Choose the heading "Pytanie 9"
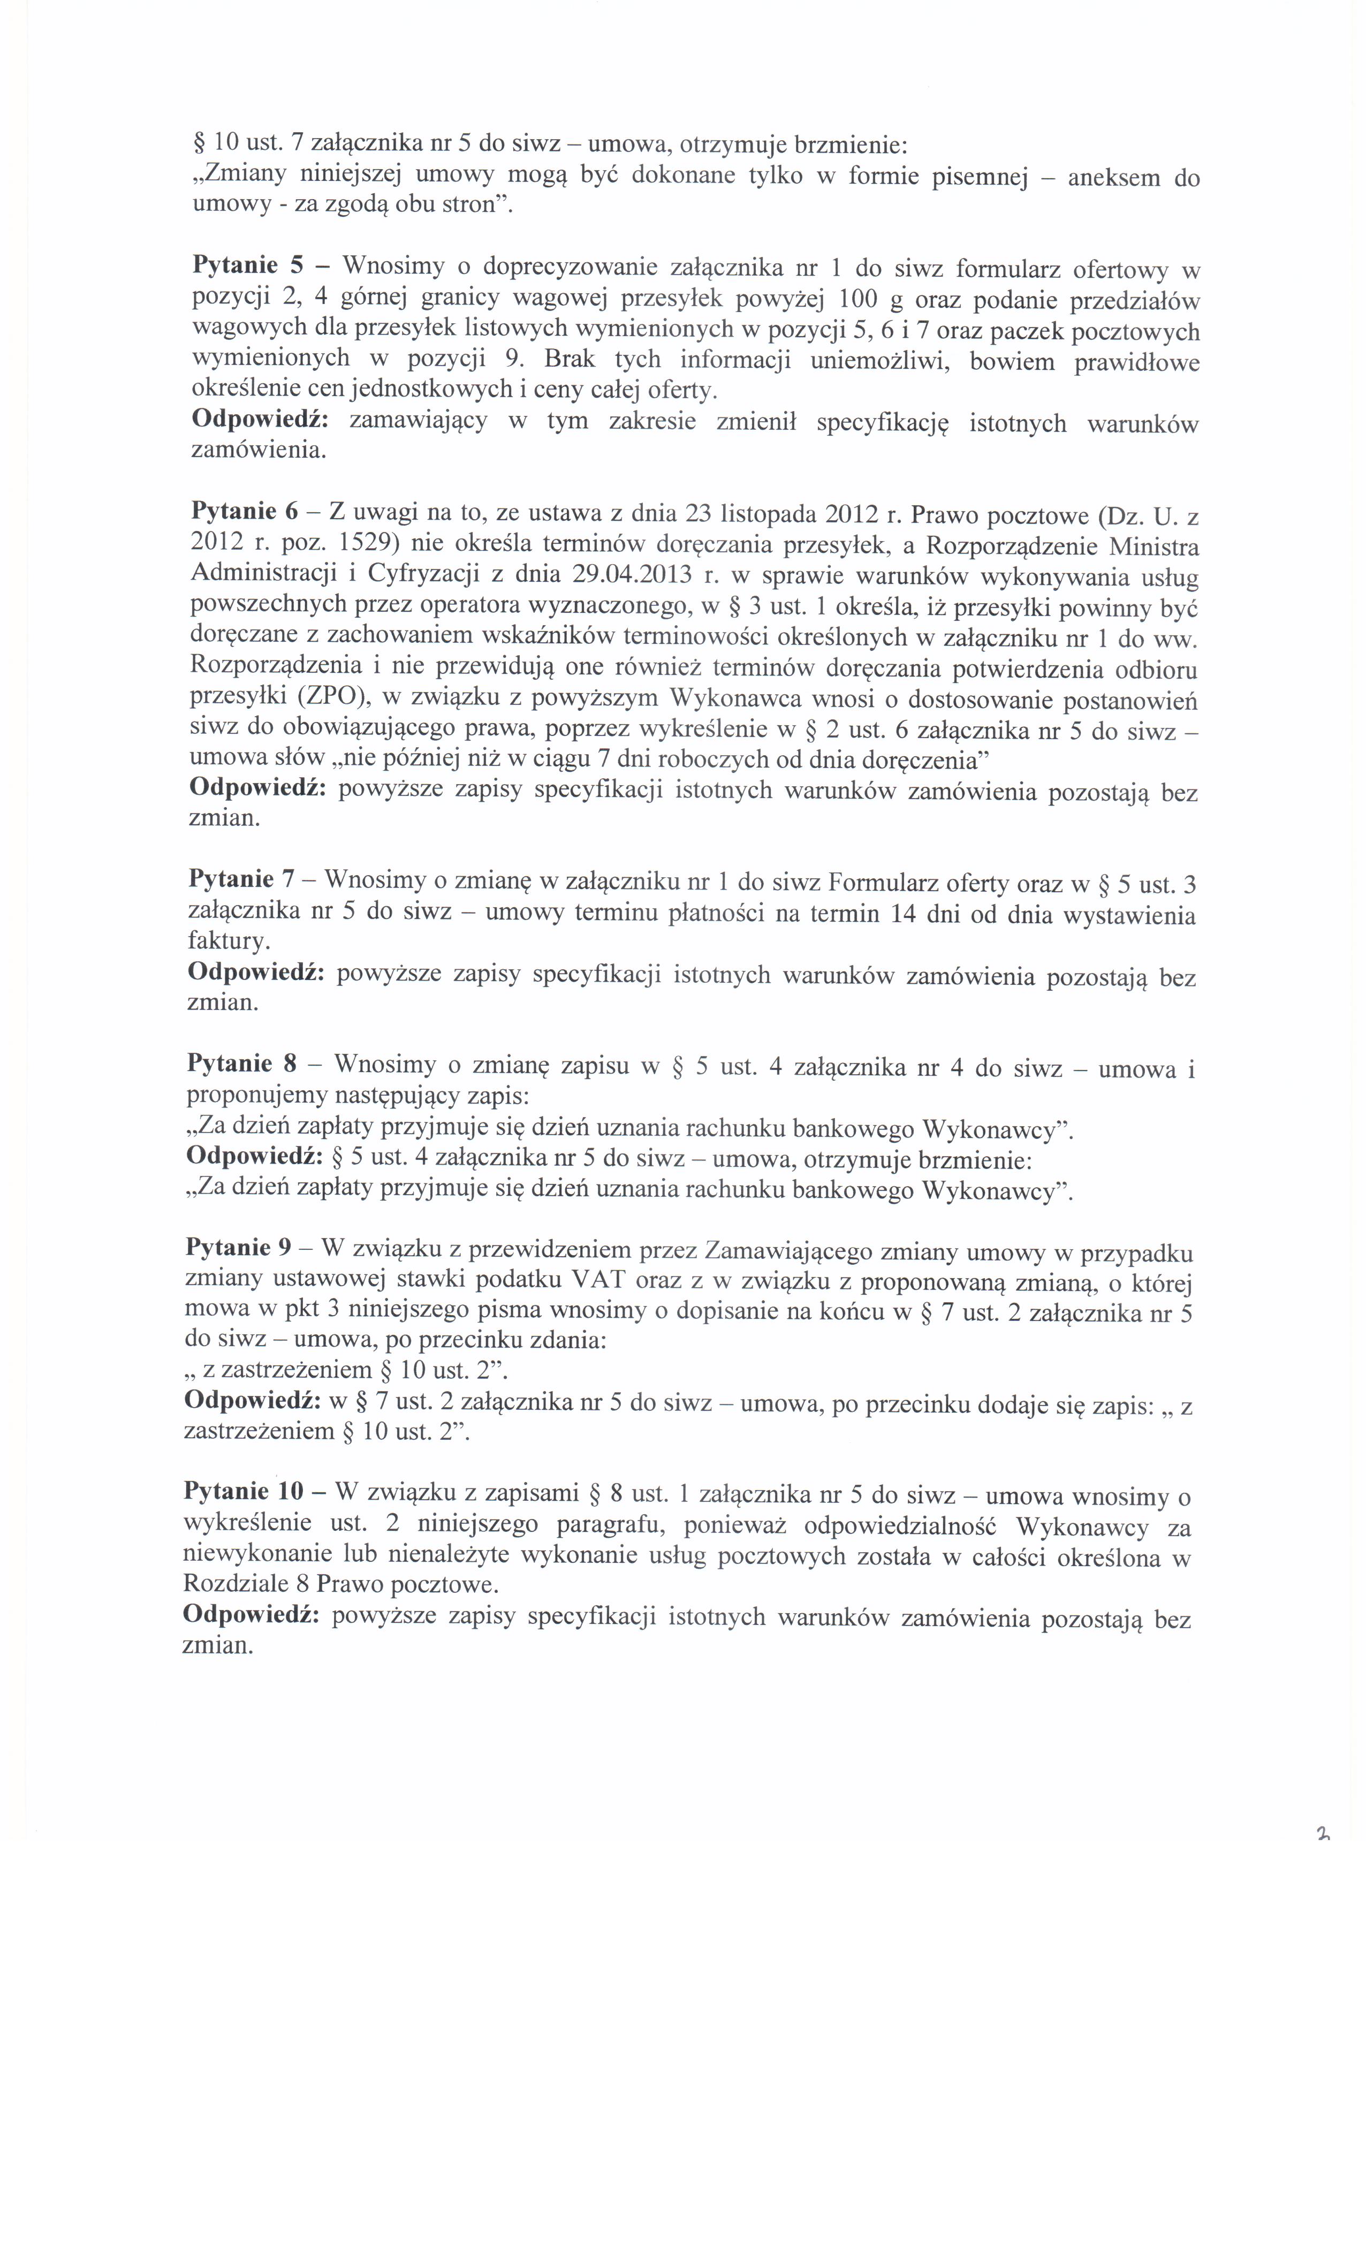pyautogui.click(x=240, y=1247)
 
